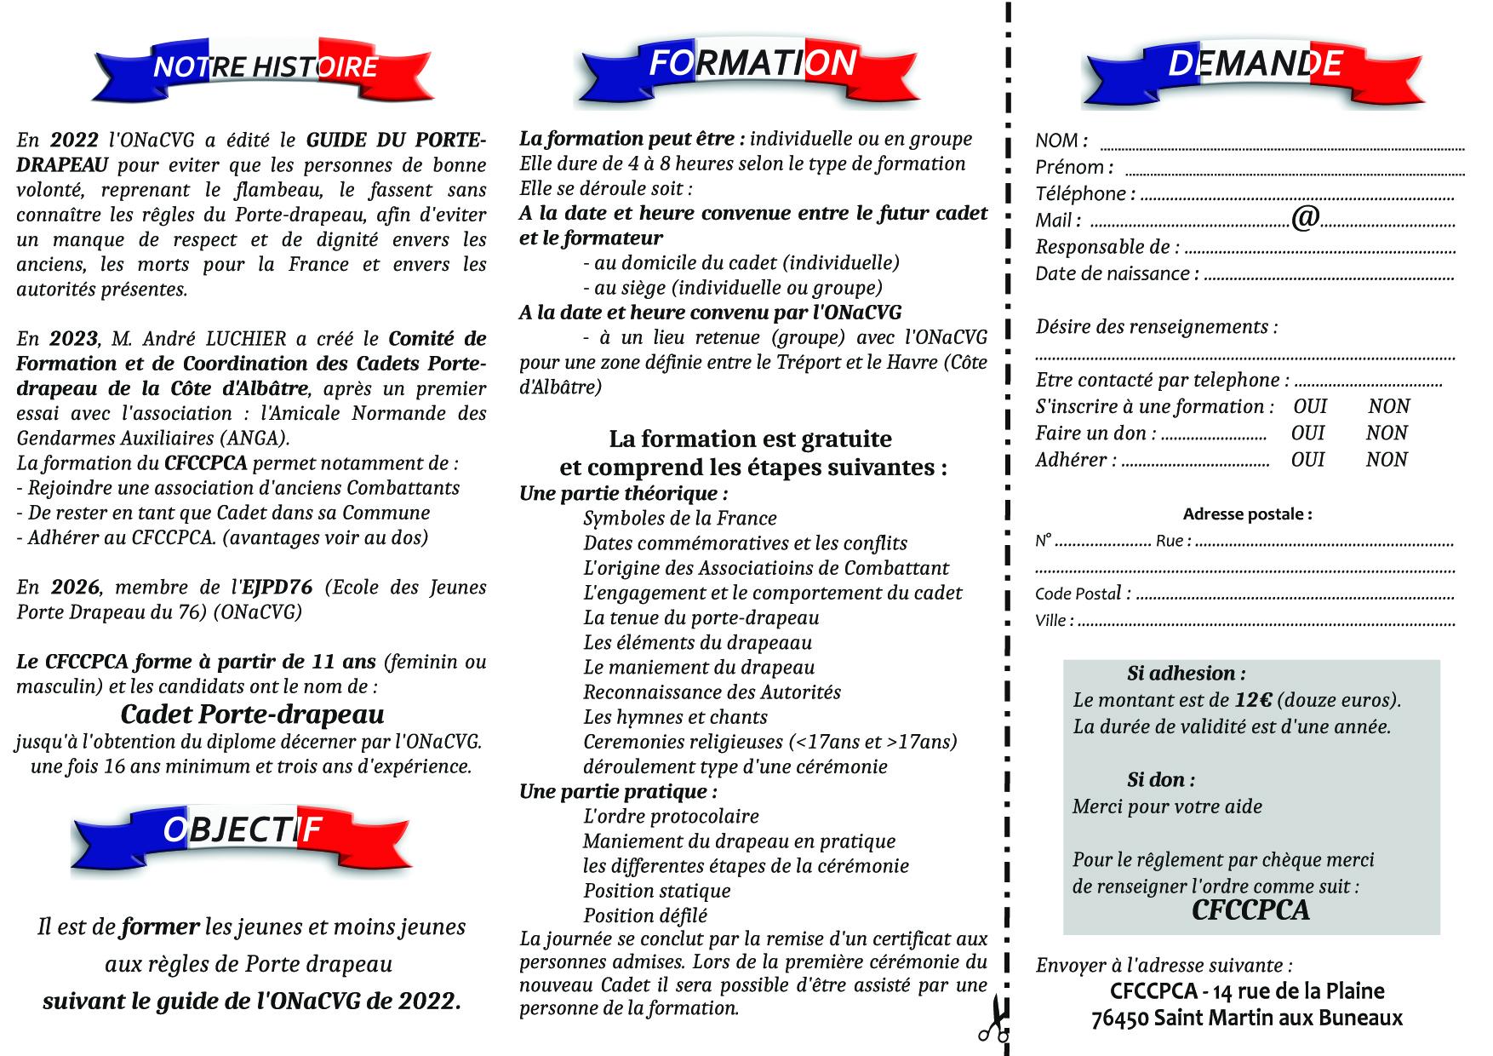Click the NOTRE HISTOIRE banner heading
point(265,67)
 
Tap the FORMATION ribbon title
point(752,64)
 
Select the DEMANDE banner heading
point(1255,64)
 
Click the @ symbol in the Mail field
point(1305,219)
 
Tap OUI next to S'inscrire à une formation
point(1310,406)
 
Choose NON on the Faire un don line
point(1387,433)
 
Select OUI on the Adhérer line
point(1307,459)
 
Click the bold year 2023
point(73,339)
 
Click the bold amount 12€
point(1253,701)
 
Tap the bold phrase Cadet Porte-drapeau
point(252,714)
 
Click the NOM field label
point(1057,141)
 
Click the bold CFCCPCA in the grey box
point(1250,910)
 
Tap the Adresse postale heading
point(1247,514)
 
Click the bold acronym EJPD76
point(277,588)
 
